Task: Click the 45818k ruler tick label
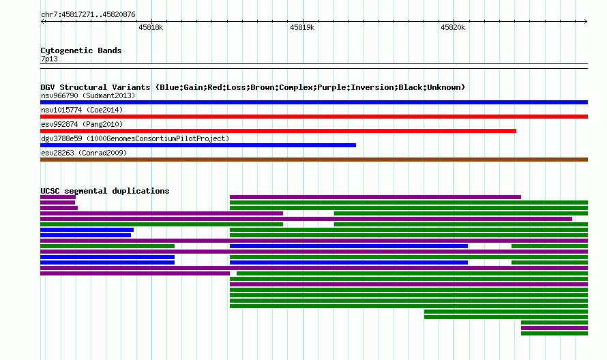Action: coord(151,27)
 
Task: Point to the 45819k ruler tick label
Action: coord(302,27)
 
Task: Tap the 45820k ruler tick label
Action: coord(453,27)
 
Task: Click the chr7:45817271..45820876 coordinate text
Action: coord(88,15)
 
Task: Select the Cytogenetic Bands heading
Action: coord(81,50)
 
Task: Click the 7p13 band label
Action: coord(49,59)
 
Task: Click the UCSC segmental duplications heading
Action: coord(105,191)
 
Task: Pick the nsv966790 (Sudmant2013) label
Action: coord(88,95)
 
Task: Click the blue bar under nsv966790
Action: coord(314,102)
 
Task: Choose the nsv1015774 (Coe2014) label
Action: coord(82,110)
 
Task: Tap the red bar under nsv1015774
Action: coord(314,117)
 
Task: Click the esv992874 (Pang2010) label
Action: coord(82,124)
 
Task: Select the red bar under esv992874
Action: coord(278,131)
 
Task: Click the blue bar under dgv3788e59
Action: coord(198,145)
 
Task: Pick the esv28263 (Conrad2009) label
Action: coord(84,153)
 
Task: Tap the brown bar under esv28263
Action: coord(314,160)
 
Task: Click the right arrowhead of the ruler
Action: coord(587,22)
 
